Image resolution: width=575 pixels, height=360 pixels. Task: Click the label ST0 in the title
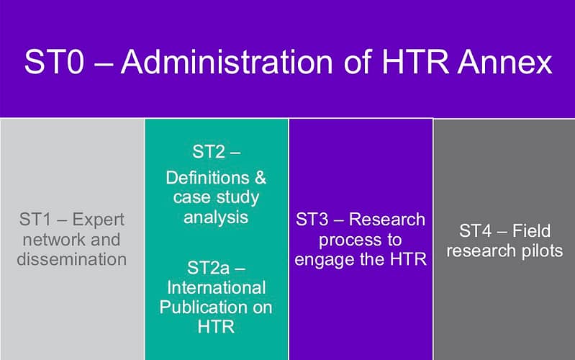[x=54, y=62]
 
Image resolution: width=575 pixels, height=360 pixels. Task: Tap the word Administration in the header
[x=227, y=62]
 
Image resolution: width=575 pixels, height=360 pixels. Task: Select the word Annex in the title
[x=504, y=62]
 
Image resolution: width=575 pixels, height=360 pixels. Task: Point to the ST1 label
[x=35, y=220]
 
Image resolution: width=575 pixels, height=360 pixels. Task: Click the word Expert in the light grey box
[x=99, y=220]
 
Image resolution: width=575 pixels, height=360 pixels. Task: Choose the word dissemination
[x=72, y=259]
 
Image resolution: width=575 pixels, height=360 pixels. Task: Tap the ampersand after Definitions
[x=260, y=178]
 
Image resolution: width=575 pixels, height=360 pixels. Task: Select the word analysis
[x=216, y=217]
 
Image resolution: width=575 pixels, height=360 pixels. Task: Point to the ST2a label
[x=208, y=268]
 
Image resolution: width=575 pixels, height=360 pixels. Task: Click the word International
[x=217, y=287]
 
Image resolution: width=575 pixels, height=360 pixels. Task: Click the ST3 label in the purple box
[x=312, y=220]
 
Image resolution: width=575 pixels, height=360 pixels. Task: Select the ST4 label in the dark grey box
[x=475, y=231]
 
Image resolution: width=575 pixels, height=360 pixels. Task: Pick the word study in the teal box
[x=237, y=197]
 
